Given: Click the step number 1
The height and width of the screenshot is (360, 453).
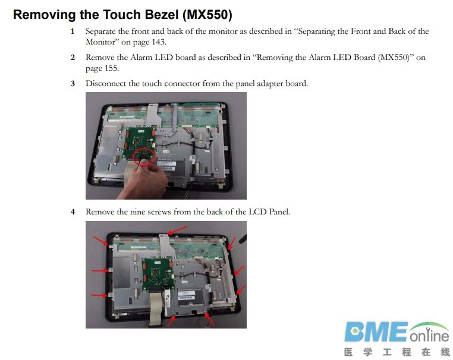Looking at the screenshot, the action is click(x=73, y=31).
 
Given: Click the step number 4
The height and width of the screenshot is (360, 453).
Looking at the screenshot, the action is click(x=73, y=212).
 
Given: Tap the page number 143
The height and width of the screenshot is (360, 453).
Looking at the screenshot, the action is click(x=158, y=42).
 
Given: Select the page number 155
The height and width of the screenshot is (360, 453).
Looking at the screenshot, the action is click(x=111, y=68).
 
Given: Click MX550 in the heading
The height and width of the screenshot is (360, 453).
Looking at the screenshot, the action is click(x=207, y=15).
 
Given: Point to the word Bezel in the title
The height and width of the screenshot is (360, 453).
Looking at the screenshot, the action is click(x=161, y=14).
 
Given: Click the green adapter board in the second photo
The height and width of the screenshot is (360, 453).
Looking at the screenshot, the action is click(x=158, y=273).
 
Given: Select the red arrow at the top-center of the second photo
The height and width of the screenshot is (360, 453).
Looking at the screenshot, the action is click(x=178, y=230).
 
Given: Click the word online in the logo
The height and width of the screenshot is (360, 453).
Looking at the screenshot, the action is click(x=429, y=336).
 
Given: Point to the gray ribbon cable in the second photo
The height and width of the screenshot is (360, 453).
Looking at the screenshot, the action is click(x=156, y=308).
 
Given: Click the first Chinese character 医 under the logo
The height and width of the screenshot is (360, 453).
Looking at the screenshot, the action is click(x=349, y=352).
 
